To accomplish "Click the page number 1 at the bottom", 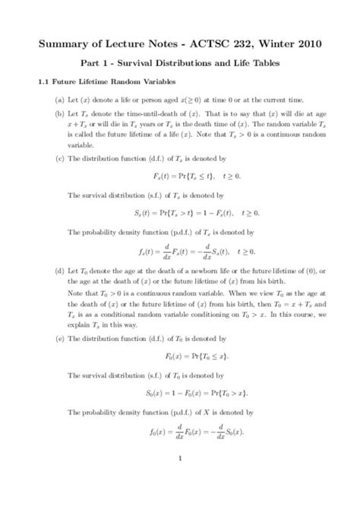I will coord(180,458).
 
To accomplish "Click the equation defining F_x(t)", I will coord(179,175).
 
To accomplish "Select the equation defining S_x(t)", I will coord(179,212).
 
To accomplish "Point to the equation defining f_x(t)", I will coord(179,250).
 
